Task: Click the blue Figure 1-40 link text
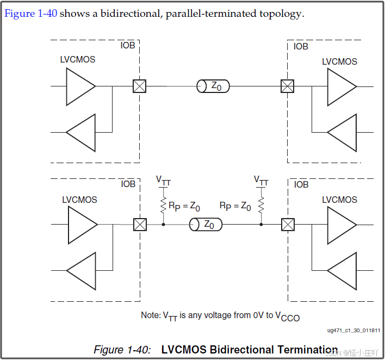[x=30, y=14]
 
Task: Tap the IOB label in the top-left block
[x=128, y=46]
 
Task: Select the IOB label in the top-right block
[x=301, y=46]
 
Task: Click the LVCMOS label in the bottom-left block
[x=79, y=200]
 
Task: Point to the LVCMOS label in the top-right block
[x=339, y=61]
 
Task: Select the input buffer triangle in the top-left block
[x=81, y=132]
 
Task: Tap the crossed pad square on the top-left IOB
[x=140, y=86]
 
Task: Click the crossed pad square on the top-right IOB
[x=287, y=86]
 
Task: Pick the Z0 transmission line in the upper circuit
[x=213, y=86]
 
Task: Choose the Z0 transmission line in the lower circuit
[x=206, y=224]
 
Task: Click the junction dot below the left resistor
[x=163, y=224]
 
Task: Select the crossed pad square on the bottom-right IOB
[x=288, y=224]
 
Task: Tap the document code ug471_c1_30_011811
[x=353, y=330]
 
